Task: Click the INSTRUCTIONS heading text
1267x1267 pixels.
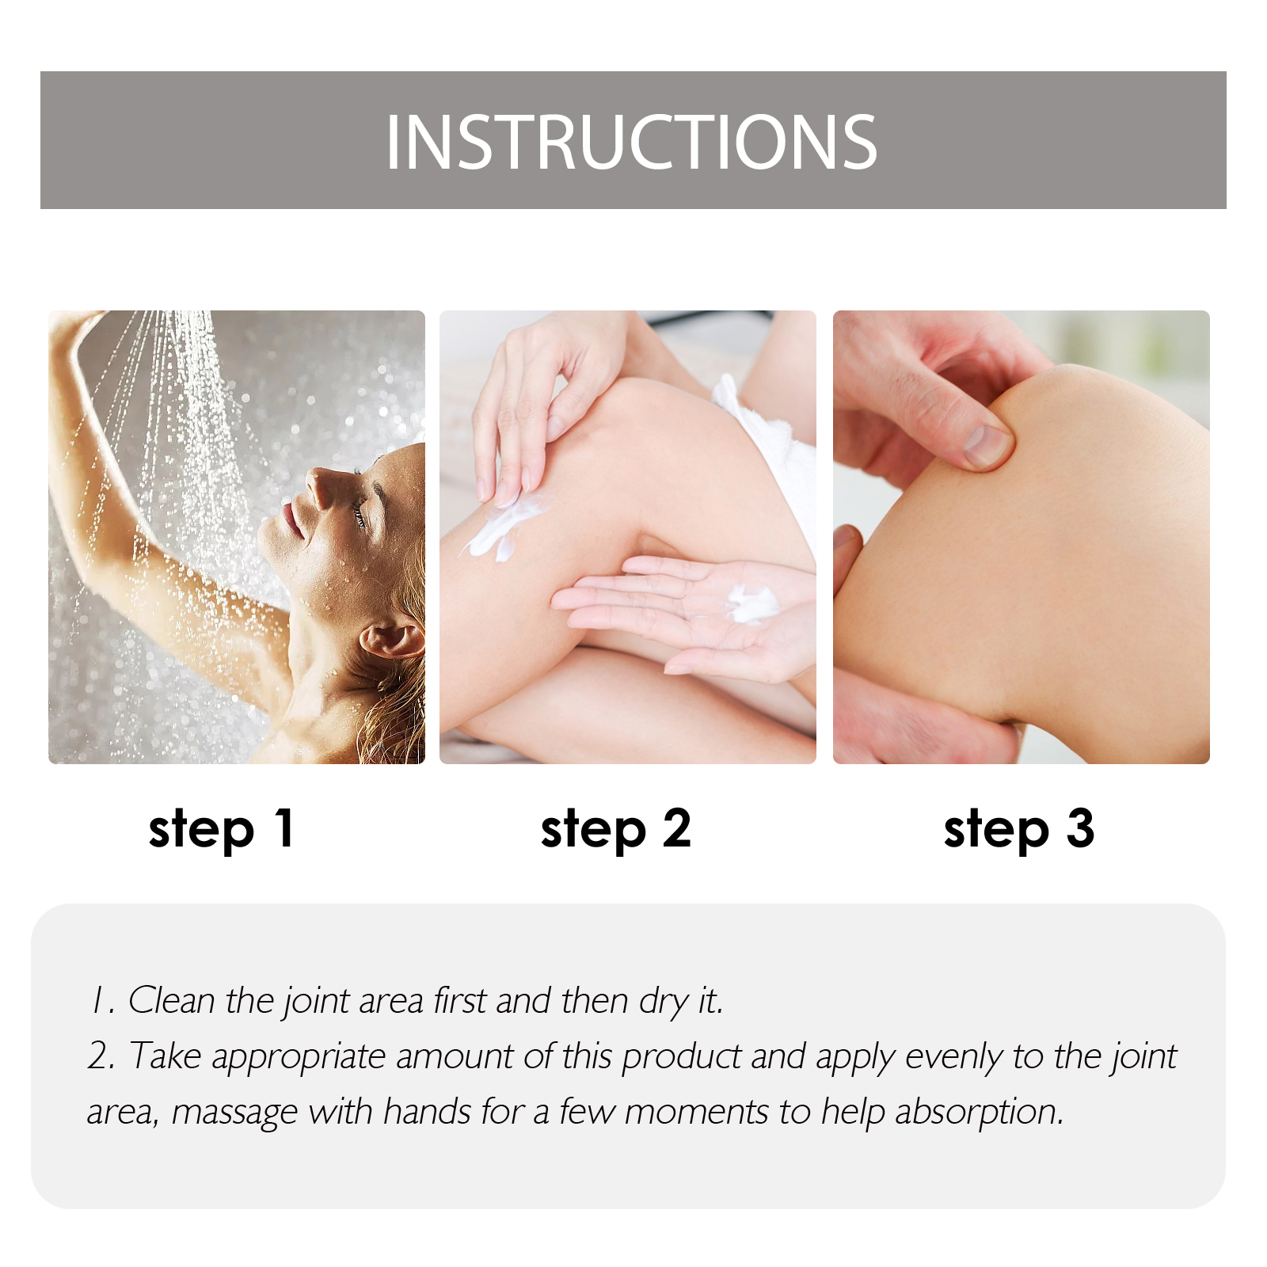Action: point(631,143)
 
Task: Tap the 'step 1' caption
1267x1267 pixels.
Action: point(222,830)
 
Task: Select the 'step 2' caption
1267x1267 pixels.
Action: point(616,830)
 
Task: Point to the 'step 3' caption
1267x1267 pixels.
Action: point(1019,830)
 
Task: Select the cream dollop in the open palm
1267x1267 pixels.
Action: point(751,604)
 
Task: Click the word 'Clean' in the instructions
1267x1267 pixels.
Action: point(172,1000)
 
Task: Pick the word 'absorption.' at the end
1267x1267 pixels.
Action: point(980,1113)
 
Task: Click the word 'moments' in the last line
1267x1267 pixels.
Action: point(696,1112)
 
